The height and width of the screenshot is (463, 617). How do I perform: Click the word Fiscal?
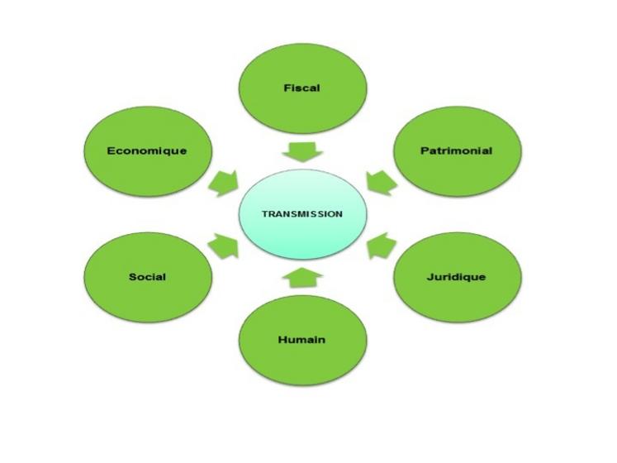click(x=301, y=87)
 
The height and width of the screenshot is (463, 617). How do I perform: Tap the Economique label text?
click(x=147, y=150)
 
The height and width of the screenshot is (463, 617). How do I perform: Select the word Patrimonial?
click(x=456, y=150)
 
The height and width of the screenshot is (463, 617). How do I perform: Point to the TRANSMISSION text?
click(x=301, y=213)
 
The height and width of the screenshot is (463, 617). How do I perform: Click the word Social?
click(x=147, y=276)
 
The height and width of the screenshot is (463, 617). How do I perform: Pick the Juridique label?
click(x=456, y=276)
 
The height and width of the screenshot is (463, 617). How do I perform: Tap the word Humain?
click(x=301, y=339)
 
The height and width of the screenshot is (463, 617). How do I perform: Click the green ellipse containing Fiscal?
click(x=301, y=107)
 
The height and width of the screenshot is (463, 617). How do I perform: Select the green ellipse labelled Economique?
click(x=147, y=174)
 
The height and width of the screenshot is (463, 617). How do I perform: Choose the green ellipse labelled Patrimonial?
click(x=456, y=174)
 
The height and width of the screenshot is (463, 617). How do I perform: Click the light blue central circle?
click(x=301, y=231)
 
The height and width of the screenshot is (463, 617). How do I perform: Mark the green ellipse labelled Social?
click(x=147, y=298)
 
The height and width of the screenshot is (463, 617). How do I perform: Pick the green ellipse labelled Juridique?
click(x=456, y=298)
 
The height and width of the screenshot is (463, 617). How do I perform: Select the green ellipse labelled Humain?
click(x=301, y=360)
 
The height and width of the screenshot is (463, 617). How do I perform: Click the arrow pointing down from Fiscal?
click(x=302, y=150)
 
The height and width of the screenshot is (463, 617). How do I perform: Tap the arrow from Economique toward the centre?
click(x=223, y=184)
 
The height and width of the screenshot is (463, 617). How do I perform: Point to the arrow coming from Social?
click(x=223, y=246)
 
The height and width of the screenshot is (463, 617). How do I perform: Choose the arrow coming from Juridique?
click(x=381, y=246)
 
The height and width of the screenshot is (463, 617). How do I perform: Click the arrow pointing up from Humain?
click(x=302, y=279)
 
